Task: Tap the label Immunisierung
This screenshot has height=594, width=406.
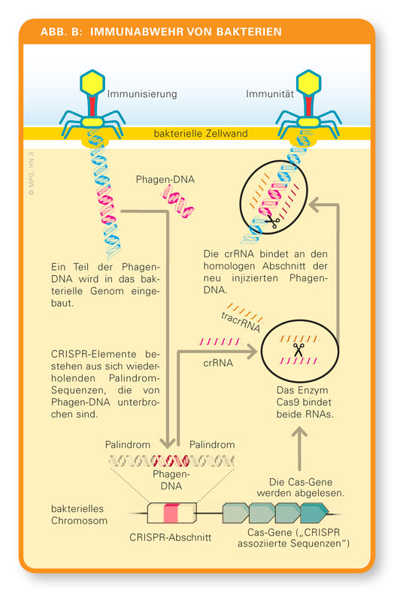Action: coord(142,94)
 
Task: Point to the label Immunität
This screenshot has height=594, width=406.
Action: coord(270,93)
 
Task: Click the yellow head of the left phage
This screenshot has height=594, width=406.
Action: coord(92,82)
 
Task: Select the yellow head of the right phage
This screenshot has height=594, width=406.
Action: coord(309,82)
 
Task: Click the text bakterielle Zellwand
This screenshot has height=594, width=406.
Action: coord(201,133)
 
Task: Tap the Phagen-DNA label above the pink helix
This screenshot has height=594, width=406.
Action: coord(165,179)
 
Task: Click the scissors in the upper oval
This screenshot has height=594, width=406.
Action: coord(272,221)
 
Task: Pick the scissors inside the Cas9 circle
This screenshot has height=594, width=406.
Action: coord(298,350)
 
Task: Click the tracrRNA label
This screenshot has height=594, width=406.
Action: coord(241,323)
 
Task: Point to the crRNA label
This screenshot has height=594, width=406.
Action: coord(218,363)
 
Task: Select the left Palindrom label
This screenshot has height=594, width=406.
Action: coord(128,444)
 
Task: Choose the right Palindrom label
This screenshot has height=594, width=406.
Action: coord(212,444)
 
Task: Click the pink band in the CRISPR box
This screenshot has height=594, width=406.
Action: coord(171,514)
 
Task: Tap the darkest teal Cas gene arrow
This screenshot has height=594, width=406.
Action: coord(314,513)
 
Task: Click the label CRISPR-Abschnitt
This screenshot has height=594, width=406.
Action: coord(171,537)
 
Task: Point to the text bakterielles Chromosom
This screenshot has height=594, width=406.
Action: coord(79,514)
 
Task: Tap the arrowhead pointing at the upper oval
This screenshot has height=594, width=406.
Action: coord(316,205)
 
